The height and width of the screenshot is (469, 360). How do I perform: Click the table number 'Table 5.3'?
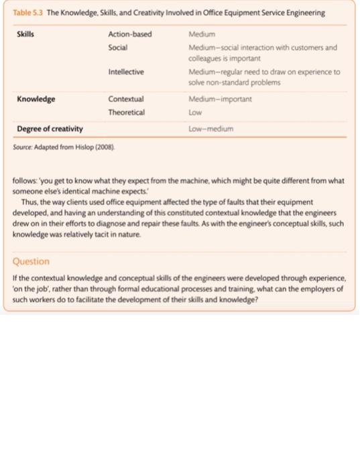click(x=27, y=13)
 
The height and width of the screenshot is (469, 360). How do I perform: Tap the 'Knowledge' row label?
click(x=36, y=99)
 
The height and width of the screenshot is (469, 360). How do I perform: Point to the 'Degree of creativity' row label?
click(x=50, y=128)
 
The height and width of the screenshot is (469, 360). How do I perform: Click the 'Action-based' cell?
click(x=130, y=33)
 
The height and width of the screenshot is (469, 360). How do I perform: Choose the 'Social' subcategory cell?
click(x=118, y=47)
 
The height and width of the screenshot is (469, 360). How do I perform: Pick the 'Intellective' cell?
click(x=126, y=72)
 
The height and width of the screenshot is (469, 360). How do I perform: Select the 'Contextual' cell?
click(x=126, y=99)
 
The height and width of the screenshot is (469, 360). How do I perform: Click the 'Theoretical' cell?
click(x=127, y=112)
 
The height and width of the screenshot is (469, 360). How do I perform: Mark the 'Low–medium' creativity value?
click(x=210, y=128)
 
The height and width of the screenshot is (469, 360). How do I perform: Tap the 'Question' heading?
click(x=31, y=261)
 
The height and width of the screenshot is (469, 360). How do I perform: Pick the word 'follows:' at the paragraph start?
click(x=27, y=182)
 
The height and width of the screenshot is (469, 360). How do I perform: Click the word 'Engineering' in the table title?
click(x=302, y=13)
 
